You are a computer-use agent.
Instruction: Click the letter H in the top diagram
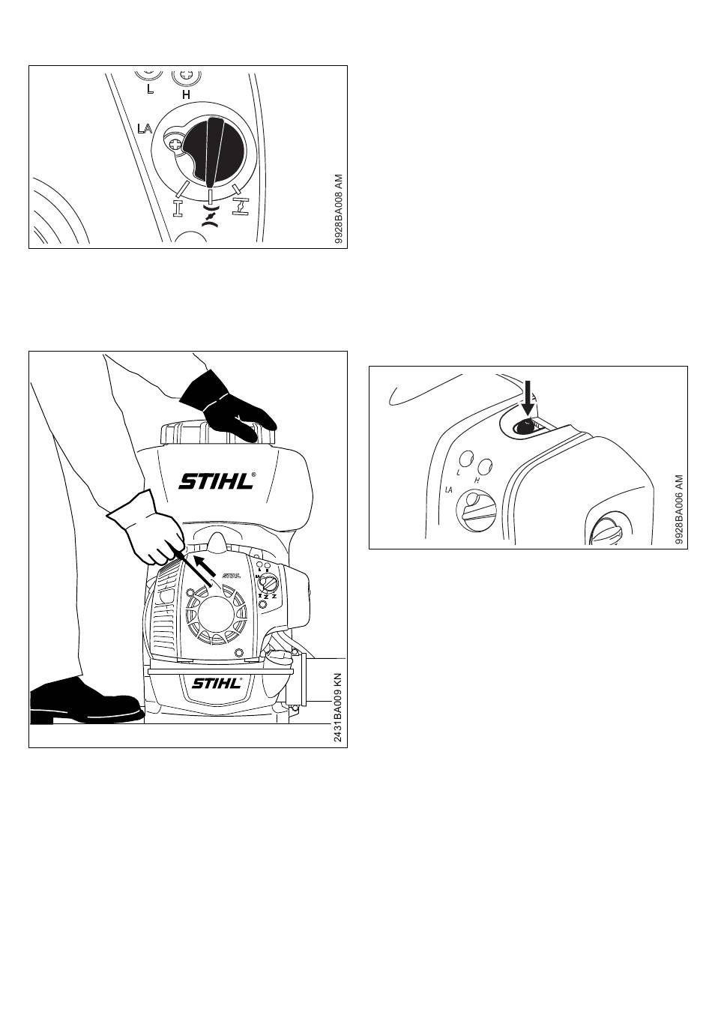click(x=186, y=94)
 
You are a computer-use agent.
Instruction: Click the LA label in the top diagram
click(x=145, y=129)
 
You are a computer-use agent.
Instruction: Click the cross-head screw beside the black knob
click(x=176, y=145)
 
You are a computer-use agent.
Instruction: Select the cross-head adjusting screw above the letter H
click(x=186, y=76)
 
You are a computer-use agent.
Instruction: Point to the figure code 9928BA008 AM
click(x=339, y=209)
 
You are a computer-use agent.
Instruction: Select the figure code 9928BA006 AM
click(x=679, y=510)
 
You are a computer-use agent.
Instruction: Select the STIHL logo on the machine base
click(x=216, y=684)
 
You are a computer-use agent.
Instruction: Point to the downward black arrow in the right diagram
click(x=528, y=398)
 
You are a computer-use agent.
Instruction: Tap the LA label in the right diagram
click(x=449, y=490)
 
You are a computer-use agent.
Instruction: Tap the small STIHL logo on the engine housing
click(x=231, y=575)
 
